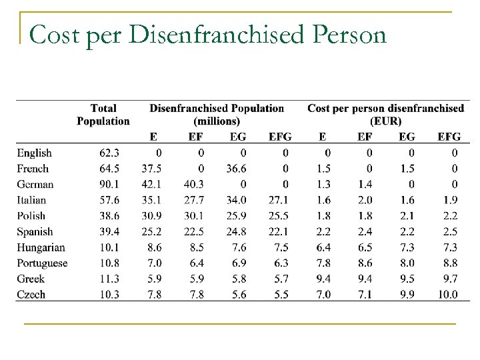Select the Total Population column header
tap(103, 114)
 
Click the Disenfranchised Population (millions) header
tap(217, 114)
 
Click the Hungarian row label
tap(41, 247)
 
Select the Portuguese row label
tap(43, 263)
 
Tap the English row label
tap(35, 153)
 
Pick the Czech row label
tap(31, 294)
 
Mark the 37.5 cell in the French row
tap(153, 169)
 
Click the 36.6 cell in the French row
tap(237, 169)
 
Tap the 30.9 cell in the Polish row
tap(153, 216)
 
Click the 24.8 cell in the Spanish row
tap(237, 231)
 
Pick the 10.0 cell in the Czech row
tap(448, 294)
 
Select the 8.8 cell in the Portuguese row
tap(450, 263)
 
